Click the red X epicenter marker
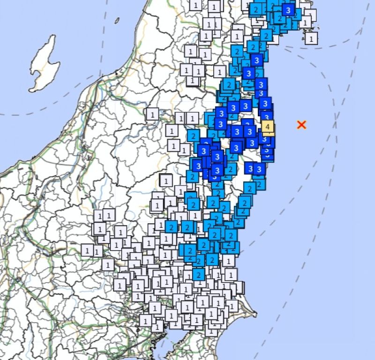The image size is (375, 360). (302, 125)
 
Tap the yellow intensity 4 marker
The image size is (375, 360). (268, 127)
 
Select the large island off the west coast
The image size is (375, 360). (45, 66)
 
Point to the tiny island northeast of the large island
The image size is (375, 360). (117, 21)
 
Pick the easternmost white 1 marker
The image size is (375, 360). (311, 38)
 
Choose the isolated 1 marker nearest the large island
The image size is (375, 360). (152, 114)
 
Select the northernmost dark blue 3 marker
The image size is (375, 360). (288, 10)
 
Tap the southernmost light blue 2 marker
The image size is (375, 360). (199, 274)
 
